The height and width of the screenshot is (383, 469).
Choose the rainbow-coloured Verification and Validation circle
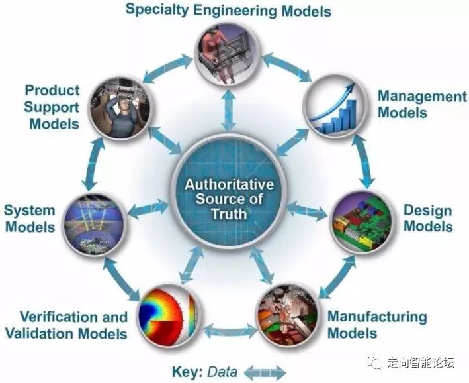pyautogui.click(x=168, y=313)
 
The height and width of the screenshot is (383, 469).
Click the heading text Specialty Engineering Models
pyautogui.click(x=228, y=11)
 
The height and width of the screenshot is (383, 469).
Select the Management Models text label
pyautogui.click(x=422, y=104)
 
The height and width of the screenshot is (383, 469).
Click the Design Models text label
pyautogui.click(x=428, y=219)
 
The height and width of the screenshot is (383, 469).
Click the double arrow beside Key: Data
pyautogui.click(x=264, y=371)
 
